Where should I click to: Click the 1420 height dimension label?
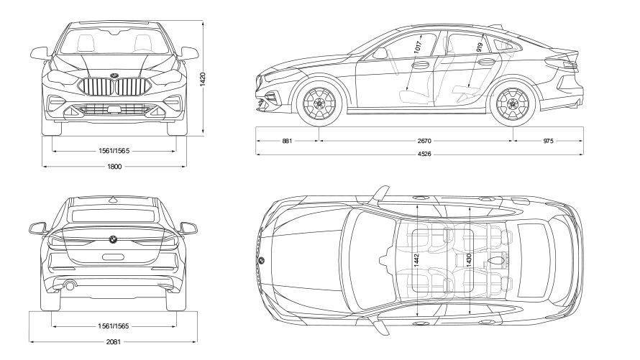click(x=204, y=78)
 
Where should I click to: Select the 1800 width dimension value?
click(x=114, y=167)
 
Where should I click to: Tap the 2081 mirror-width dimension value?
click(x=114, y=341)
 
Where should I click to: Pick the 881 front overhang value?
click(x=287, y=142)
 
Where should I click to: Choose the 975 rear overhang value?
click(x=548, y=142)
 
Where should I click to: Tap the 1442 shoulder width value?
click(x=418, y=261)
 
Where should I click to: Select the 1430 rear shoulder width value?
click(x=469, y=261)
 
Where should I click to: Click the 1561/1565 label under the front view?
click(x=114, y=152)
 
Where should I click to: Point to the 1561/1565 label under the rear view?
click(x=114, y=326)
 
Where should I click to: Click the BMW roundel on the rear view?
click(x=113, y=239)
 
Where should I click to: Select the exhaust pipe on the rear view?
click(x=70, y=285)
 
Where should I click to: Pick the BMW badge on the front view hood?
click(x=114, y=75)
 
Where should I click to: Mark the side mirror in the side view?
click(x=380, y=53)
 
